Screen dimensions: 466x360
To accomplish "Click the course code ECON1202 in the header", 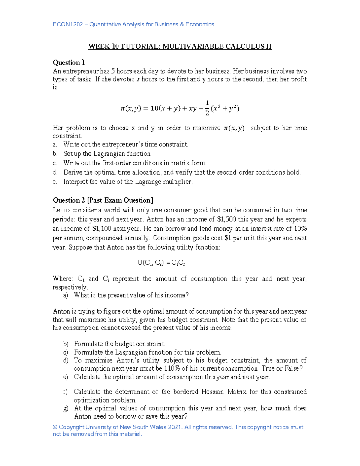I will [x=67, y=24].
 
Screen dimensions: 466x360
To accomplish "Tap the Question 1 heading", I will [x=69, y=62].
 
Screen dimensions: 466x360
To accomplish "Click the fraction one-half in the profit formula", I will [x=207, y=108].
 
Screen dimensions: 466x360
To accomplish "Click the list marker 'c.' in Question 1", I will [x=55, y=163].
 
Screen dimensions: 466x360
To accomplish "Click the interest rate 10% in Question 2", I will [x=300, y=229].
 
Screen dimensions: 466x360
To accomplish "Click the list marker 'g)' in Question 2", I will [x=66, y=408].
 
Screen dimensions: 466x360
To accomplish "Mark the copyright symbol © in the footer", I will [x=55, y=427].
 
